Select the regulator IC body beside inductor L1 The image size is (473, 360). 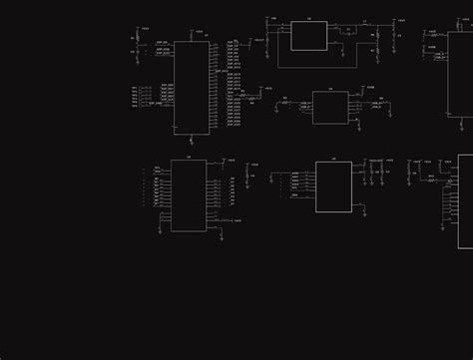point(308,35)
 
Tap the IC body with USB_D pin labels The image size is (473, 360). point(330,107)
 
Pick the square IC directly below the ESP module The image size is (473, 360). point(189,194)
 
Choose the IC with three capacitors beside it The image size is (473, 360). point(333,186)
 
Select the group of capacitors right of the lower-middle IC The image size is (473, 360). point(376,171)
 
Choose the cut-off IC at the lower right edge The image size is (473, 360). point(465,199)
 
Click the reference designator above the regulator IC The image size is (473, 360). point(308,19)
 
